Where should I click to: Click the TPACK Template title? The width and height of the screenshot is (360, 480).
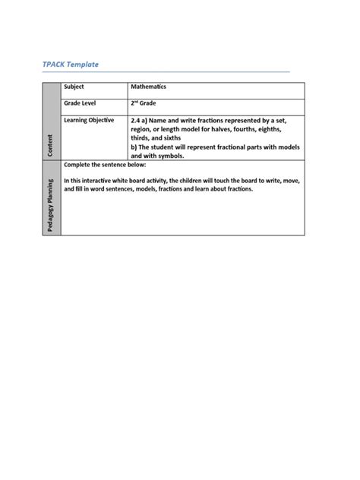click(71, 65)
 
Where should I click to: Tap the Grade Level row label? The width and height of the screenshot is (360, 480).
click(81, 103)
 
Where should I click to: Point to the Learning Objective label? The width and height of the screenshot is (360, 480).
click(89, 120)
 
